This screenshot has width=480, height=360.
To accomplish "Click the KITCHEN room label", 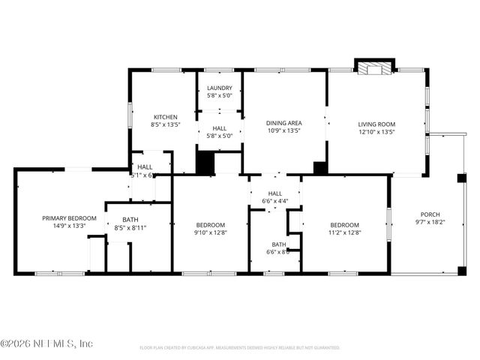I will [x=165, y=117].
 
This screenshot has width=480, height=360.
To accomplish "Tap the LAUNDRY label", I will [x=220, y=88].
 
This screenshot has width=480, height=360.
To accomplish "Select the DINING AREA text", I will [x=284, y=122].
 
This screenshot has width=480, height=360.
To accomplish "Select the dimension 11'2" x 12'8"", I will [x=345, y=232].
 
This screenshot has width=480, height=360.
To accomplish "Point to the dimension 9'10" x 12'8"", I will [x=210, y=232].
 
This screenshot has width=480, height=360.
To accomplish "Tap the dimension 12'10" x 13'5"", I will [x=376, y=132].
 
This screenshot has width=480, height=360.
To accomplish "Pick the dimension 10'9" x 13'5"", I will [x=284, y=130].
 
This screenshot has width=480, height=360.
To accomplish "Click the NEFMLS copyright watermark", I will [x=46, y=343].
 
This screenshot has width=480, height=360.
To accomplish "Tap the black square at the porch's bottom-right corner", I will [x=461, y=271].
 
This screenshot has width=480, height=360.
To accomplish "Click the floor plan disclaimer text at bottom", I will [x=240, y=348].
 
